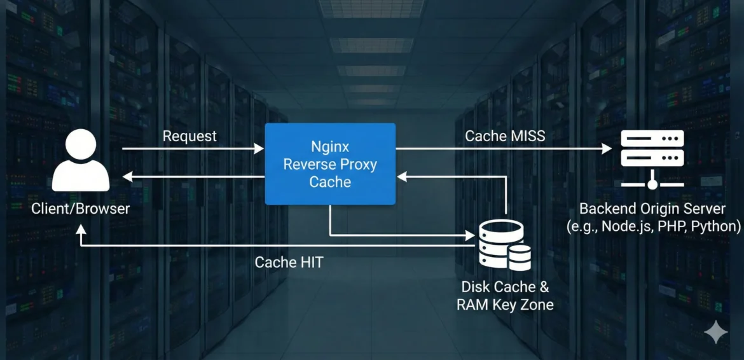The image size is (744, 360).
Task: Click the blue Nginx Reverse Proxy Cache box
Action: click(330, 164)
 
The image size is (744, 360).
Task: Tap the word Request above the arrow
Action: click(189, 136)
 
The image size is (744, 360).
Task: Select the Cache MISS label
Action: click(505, 135)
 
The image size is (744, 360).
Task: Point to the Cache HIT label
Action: click(289, 262)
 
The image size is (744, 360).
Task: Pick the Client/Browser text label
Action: click(81, 208)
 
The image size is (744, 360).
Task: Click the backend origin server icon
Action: click(652, 158)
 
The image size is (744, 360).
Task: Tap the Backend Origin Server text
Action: click(652, 209)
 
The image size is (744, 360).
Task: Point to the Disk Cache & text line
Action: click(505, 287)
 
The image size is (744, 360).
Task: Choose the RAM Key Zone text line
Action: click(505, 305)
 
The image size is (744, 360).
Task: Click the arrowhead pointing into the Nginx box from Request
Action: click(259, 149)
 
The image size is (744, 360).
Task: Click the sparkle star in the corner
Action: click(716, 332)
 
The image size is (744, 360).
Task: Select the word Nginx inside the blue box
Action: click(330, 146)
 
